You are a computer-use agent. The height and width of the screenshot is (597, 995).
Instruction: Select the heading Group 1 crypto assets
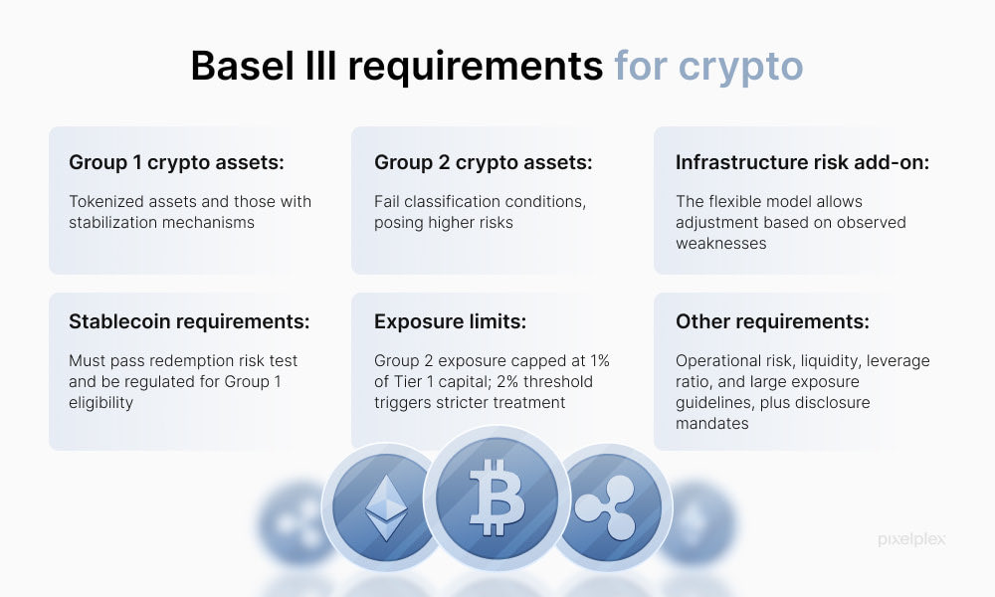[177, 162]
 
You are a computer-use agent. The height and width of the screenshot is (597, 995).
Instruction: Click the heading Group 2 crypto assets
[483, 162]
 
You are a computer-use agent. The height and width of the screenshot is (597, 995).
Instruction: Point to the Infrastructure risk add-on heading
[802, 162]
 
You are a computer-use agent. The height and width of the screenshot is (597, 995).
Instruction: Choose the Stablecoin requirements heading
[189, 321]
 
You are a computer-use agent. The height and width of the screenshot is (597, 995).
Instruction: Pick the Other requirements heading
[772, 321]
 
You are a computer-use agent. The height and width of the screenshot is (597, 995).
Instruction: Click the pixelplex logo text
[911, 539]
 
